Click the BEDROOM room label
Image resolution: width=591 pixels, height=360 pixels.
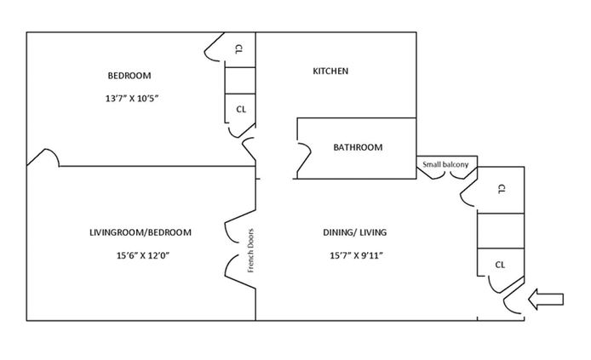(x=129, y=74)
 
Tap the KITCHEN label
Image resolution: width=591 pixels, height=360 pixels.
(x=330, y=71)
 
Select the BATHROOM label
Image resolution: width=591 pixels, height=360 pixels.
(x=358, y=147)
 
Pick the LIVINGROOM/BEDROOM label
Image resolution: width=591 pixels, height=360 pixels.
(x=140, y=232)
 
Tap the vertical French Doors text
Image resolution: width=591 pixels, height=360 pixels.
(x=251, y=251)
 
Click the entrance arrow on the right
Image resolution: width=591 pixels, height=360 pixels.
(x=546, y=299)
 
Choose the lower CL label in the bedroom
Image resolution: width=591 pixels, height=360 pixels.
(x=241, y=109)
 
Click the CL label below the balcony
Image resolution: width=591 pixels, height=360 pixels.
(x=501, y=188)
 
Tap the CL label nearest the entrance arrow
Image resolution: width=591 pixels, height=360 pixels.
(x=501, y=265)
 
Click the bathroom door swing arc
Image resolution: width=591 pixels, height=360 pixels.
(x=303, y=158)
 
